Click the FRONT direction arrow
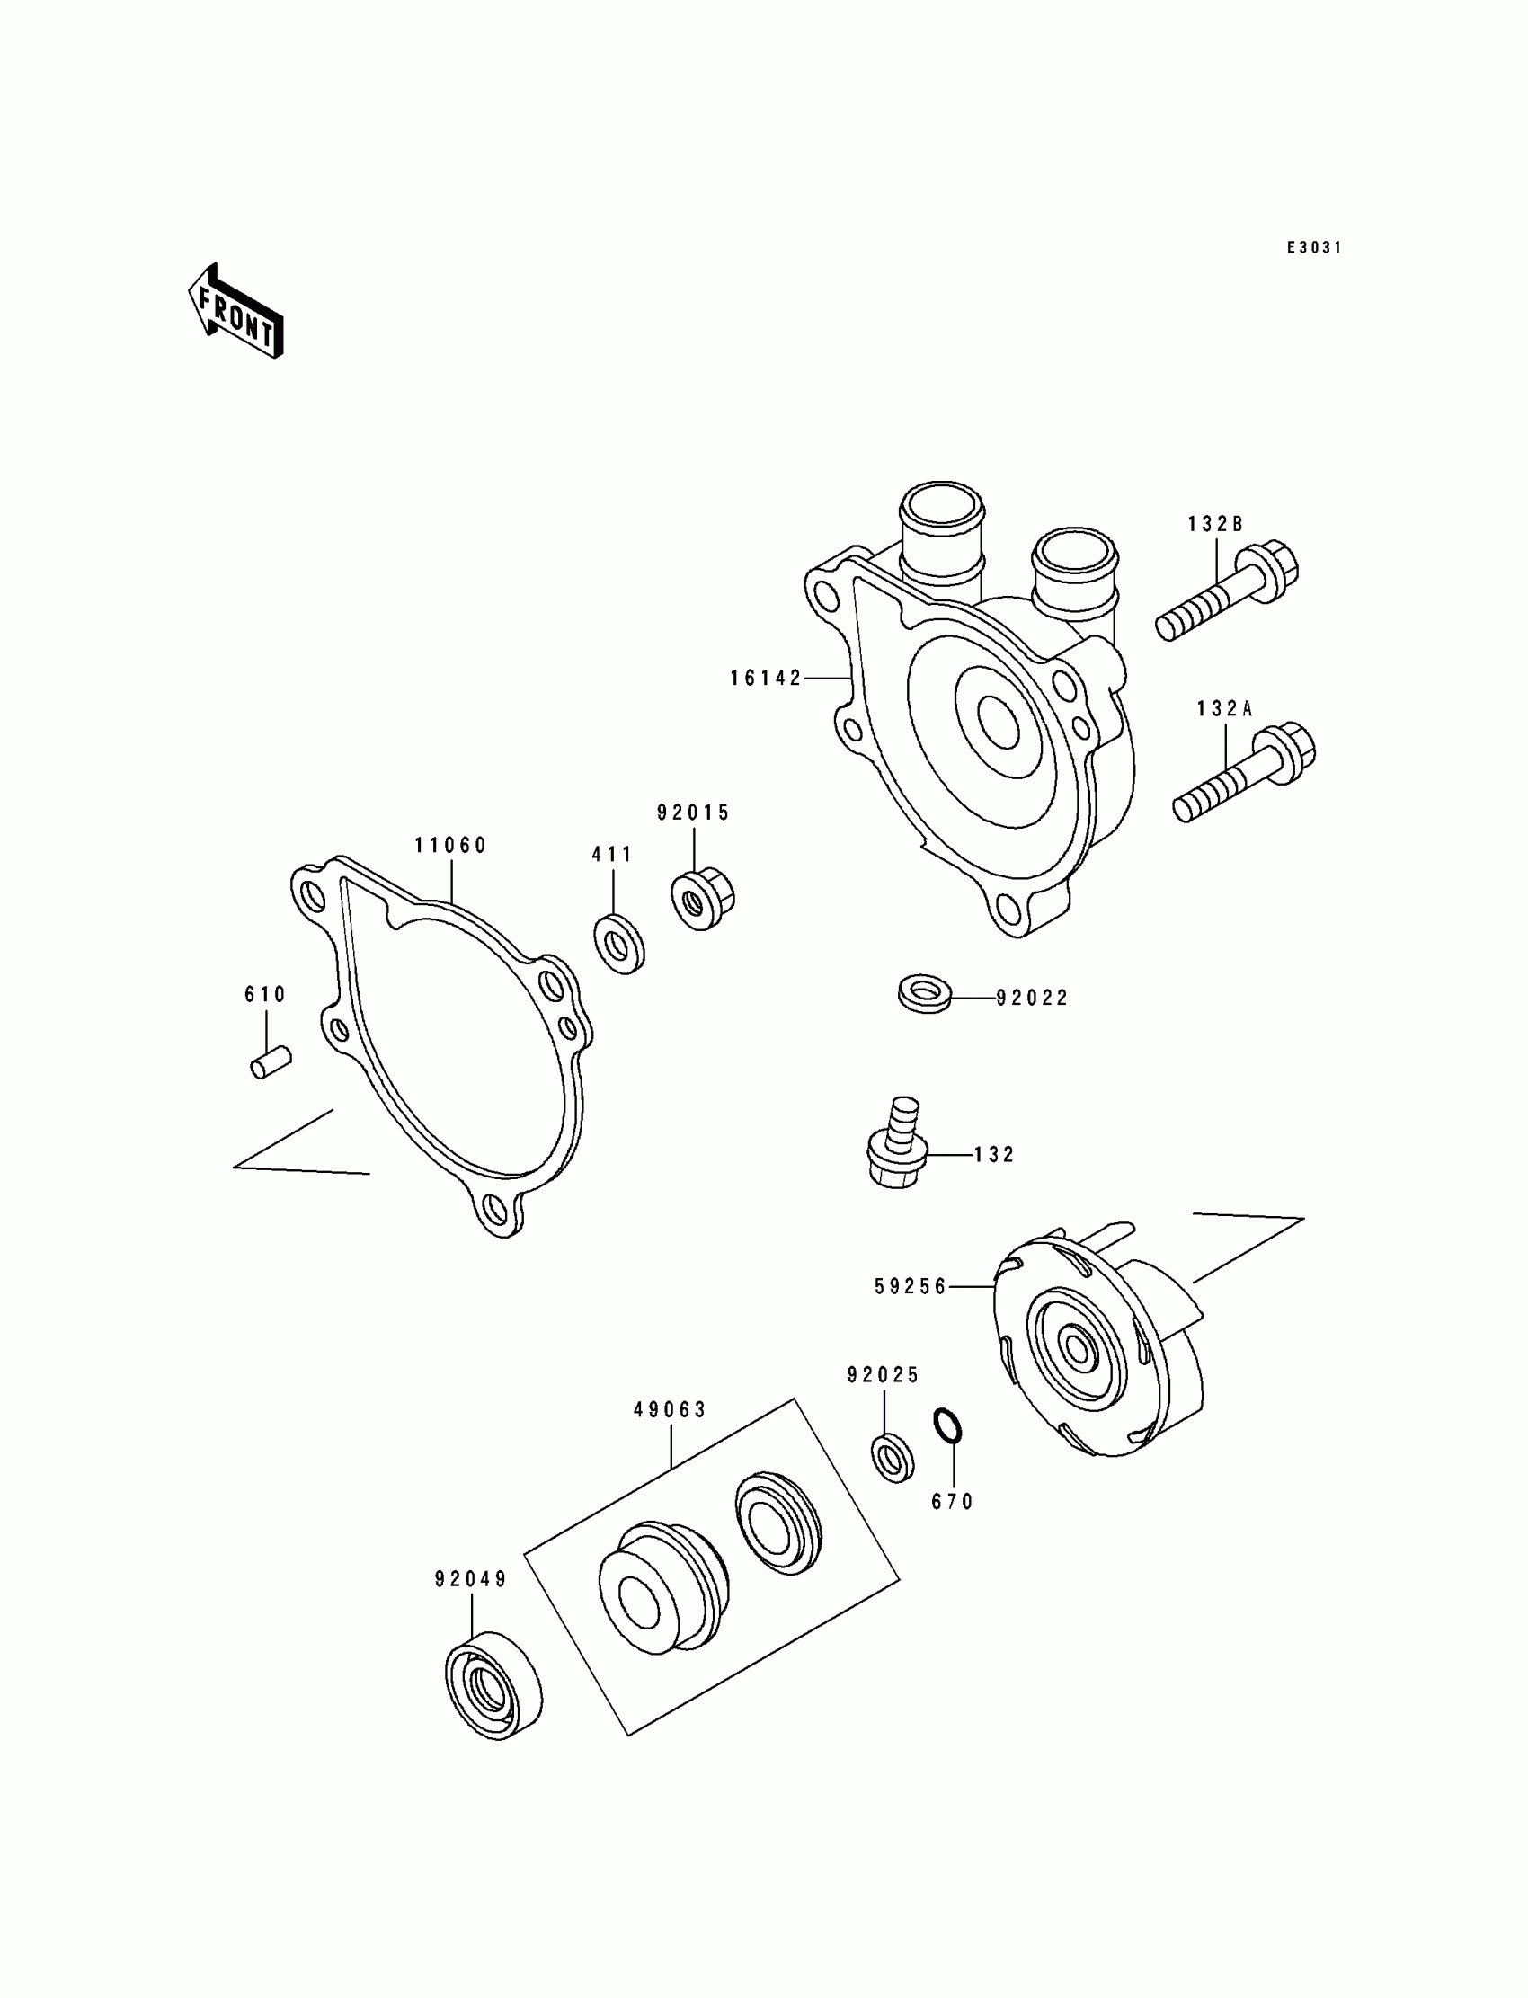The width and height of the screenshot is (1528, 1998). pyautogui.click(x=235, y=312)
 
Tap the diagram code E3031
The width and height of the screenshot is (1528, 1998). pyautogui.click(x=1313, y=247)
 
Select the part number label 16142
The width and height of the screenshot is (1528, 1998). pyautogui.click(x=766, y=679)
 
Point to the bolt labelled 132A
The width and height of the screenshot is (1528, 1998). pyautogui.click(x=1244, y=772)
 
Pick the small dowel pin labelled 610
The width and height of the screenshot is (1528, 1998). pyautogui.click(x=271, y=1061)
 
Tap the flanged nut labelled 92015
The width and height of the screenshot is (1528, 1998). pyautogui.click(x=702, y=899)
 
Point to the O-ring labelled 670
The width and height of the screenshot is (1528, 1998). pyautogui.click(x=946, y=1426)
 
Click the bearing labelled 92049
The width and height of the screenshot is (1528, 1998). pyautogui.click(x=493, y=1685)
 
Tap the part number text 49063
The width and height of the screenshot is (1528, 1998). pyautogui.click(x=671, y=1410)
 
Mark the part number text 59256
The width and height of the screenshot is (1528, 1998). pyautogui.click(x=911, y=1287)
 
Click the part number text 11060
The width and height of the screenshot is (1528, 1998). pyautogui.click(x=451, y=846)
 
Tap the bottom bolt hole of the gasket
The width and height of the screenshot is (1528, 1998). pyautogui.click(x=495, y=1209)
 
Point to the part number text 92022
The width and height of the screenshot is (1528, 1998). pyautogui.click(x=1033, y=999)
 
